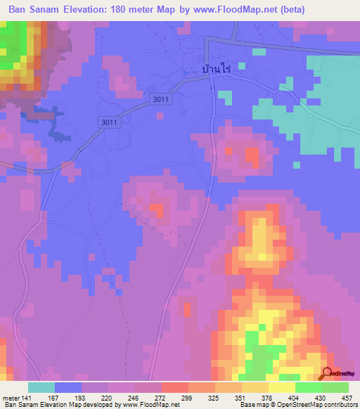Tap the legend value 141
pos(27,398)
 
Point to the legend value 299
pos(186,398)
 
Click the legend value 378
pos(266,398)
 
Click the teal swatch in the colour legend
pos(41,387)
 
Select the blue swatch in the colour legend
pos(67,387)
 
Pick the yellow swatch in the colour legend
pos(281,387)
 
